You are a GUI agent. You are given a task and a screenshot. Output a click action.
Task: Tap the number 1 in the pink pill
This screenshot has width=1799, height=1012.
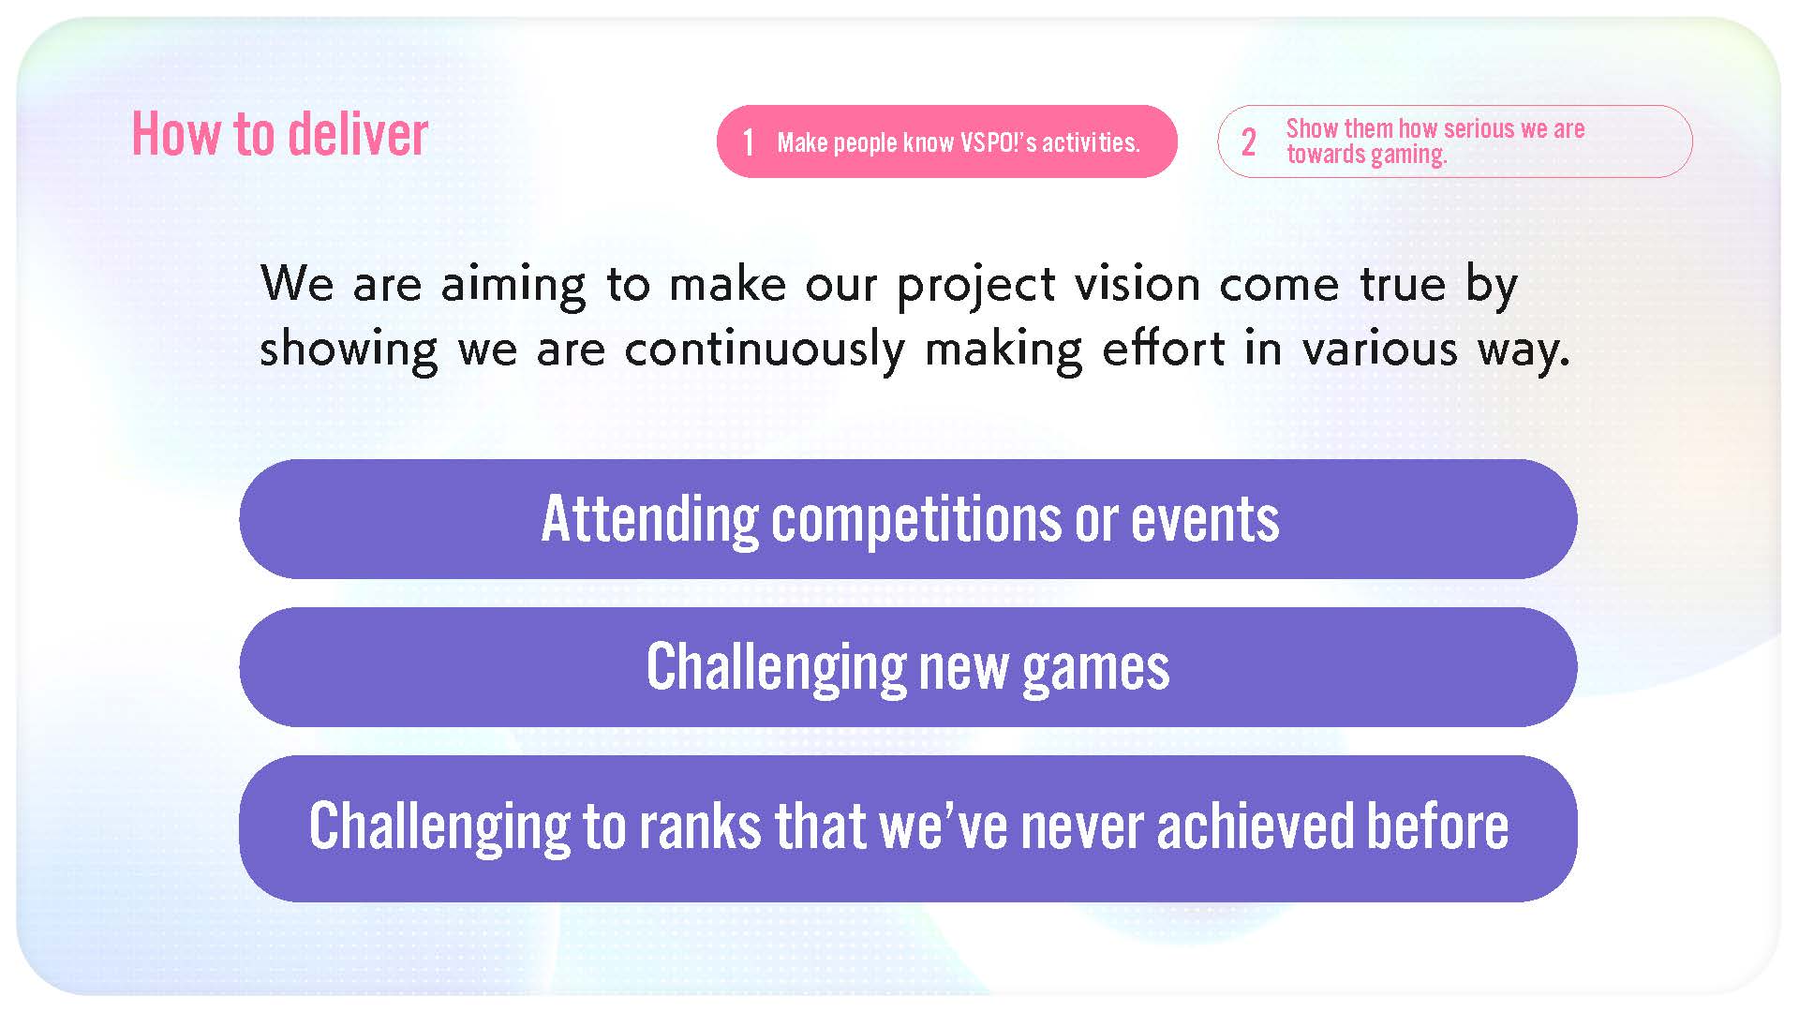point(748,142)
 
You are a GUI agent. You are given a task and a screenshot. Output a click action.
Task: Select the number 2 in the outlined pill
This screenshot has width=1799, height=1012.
point(1248,142)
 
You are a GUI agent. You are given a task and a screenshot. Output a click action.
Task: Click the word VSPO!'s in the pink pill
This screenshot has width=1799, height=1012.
point(998,142)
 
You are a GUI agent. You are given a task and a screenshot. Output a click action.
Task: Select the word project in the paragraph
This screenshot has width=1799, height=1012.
point(976,286)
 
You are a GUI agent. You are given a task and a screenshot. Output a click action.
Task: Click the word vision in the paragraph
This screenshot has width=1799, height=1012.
point(1137,283)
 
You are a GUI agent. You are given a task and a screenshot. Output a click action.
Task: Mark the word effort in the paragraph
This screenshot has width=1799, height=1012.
point(1163,348)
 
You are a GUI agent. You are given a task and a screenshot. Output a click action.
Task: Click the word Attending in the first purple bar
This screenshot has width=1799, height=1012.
point(650,520)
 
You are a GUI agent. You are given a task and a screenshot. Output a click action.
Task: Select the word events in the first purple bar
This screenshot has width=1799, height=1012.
point(1204,520)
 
